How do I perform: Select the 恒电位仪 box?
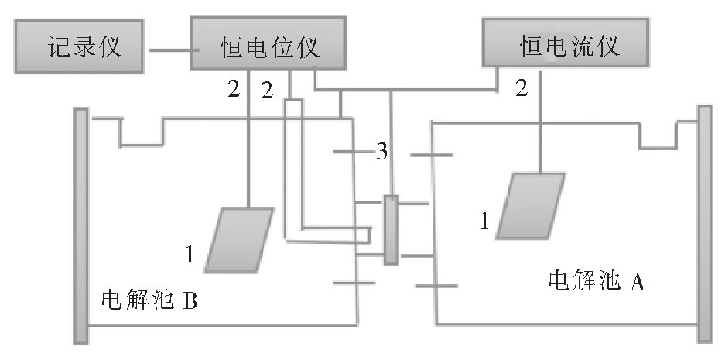[265, 48]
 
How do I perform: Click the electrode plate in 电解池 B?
[239, 239]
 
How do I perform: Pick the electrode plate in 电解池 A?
[531, 205]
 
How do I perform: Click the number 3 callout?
[381, 153]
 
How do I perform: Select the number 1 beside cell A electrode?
[485, 222]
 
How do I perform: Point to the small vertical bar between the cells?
[391, 230]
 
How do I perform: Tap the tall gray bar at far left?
[80, 225]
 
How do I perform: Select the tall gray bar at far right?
[704, 222]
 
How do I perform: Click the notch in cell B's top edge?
[142, 133]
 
